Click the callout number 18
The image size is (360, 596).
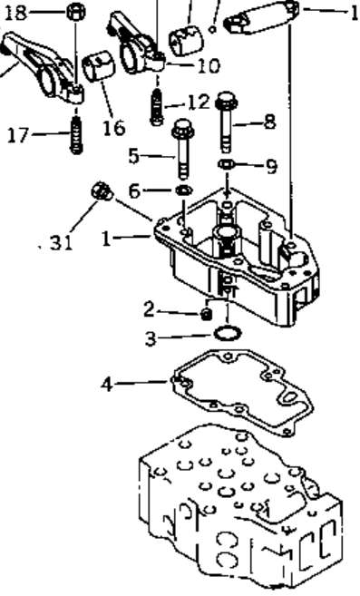click(x=16, y=13)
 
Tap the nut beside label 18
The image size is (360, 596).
click(x=76, y=12)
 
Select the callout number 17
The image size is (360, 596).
click(x=18, y=135)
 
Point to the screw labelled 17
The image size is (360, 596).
click(x=76, y=134)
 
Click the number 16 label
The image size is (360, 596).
click(x=114, y=128)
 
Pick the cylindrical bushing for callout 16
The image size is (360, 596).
click(x=99, y=67)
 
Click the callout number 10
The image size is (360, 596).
click(x=209, y=65)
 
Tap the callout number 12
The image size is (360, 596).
click(x=199, y=102)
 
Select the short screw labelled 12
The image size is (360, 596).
click(x=157, y=107)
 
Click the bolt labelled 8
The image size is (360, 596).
click(x=227, y=121)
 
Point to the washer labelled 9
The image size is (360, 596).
click(x=227, y=164)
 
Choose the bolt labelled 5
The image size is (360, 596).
click(x=183, y=149)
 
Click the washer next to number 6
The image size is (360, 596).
click(x=184, y=189)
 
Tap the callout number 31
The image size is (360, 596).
click(x=61, y=241)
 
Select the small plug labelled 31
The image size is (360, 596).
click(x=102, y=191)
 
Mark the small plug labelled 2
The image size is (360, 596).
click(x=207, y=314)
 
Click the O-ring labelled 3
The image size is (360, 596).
click(x=228, y=333)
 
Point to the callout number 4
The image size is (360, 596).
click(x=107, y=385)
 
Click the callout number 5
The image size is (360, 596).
click(x=133, y=156)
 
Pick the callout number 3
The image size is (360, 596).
click(x=151, y=338)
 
